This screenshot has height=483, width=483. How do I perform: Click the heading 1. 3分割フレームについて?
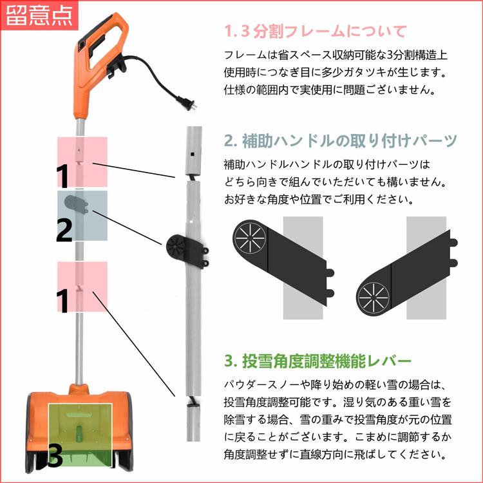point(315,31)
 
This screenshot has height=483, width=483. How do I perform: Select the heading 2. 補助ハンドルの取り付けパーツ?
point(341,140)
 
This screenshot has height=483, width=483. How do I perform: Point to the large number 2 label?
point(64,230)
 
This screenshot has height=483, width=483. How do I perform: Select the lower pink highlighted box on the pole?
point(82,287)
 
